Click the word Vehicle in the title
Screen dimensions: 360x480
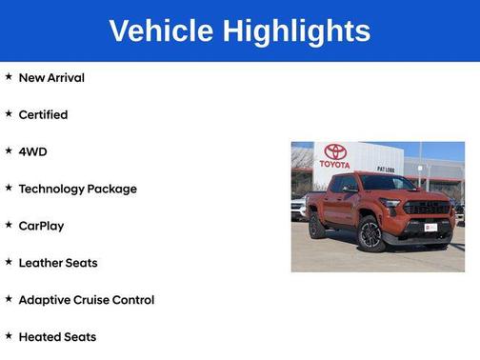coord(161,30)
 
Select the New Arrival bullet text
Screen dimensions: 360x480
coord(51,77)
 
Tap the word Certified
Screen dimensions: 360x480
coord(43,114)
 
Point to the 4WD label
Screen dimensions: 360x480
coord(32,151)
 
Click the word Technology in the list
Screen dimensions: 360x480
coord(50,189)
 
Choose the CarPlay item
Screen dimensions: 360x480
coord(41,226)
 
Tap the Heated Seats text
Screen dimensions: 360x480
coord(57,337)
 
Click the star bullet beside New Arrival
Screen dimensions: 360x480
coord(9,76)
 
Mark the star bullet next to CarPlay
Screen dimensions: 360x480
coord(9,225)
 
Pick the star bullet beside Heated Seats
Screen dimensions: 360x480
coord(9,336)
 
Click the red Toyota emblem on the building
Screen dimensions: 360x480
coord(334,151)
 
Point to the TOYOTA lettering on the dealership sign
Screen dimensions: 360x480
coord(334,164)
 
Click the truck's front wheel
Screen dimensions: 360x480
coord(370,235)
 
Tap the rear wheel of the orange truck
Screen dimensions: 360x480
coord(317,227)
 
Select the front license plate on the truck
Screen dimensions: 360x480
coord(431,227)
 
